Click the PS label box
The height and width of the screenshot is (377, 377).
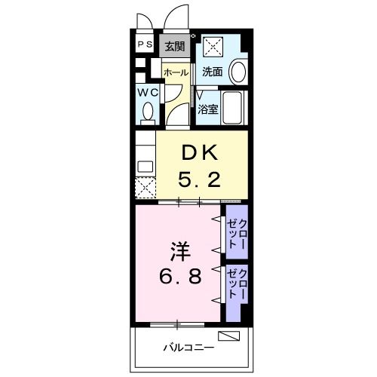point(145,44)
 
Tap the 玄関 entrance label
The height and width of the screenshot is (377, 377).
point(175,46)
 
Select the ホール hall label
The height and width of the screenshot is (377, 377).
point(176,72)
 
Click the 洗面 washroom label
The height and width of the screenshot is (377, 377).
point(213,72)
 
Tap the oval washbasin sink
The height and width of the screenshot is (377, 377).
point(238,72)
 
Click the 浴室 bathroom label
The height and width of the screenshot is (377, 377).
point(208,109)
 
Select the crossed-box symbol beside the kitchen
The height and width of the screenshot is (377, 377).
point(145,186)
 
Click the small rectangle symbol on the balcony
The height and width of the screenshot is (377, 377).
point(228,336)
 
